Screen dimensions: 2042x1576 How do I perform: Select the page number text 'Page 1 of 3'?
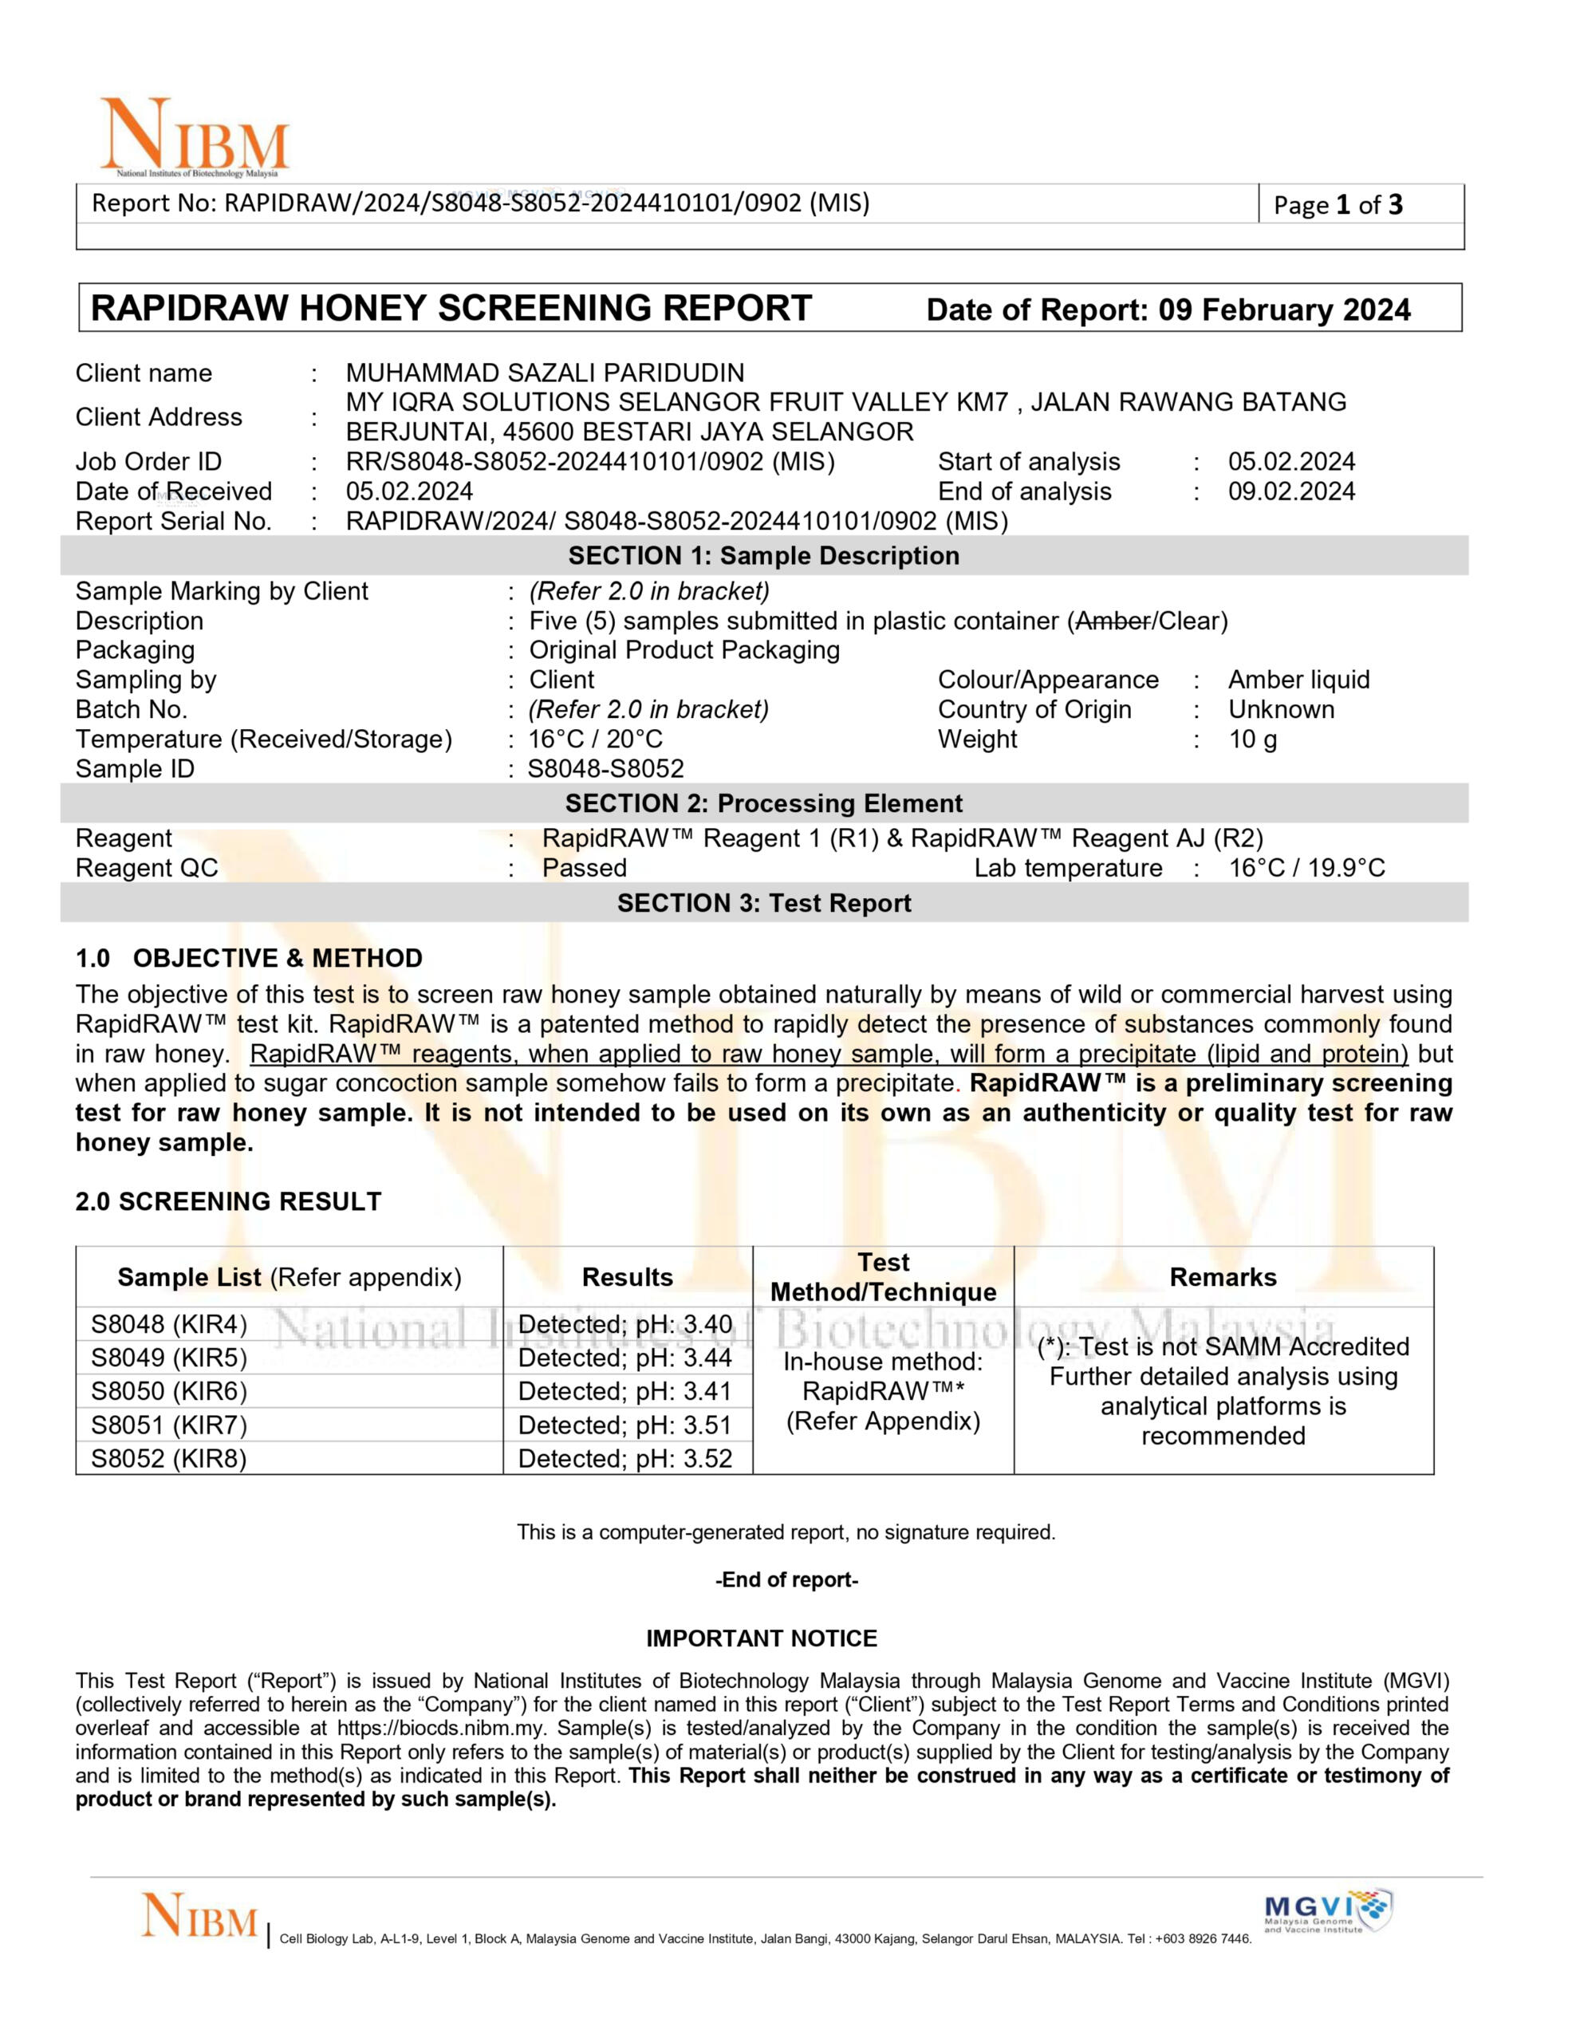coord(1338,205)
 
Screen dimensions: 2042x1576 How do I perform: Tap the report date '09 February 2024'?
coord(1284,310)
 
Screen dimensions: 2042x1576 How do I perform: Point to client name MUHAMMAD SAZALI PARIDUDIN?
coord(545,373)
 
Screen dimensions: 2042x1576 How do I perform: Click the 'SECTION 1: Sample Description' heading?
coord(764,555)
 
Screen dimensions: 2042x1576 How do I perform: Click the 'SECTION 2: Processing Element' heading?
coord(764,803)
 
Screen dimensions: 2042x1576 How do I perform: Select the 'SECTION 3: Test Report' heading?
coord(764,903)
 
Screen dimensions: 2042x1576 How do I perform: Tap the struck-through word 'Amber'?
coord(1113,621)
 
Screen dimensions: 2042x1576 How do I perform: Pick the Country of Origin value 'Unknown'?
coord(1281,710)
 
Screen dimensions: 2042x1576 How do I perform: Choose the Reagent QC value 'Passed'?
coord(585,868)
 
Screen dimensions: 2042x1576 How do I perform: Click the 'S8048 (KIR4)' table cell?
coord(169,1325)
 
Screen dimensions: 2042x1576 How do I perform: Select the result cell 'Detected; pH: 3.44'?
coord(625,1358)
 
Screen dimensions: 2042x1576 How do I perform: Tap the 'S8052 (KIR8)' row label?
coord(169,1459)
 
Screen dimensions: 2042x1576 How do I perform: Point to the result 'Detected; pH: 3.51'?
coord(625,1425)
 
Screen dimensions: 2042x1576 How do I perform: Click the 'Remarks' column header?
coord(1223,1277)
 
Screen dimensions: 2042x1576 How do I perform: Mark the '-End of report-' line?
coord(786,1580)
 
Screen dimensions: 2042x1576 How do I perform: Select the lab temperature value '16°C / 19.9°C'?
coord(1306,868)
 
